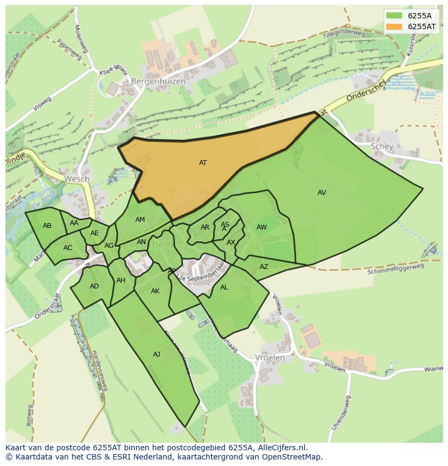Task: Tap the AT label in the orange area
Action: coord(203,163)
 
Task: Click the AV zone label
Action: coord(322,193)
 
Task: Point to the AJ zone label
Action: coord(156,355)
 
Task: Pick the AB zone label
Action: coord(47,226)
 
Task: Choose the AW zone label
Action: coord(261,227)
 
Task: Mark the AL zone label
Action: coord(224,287)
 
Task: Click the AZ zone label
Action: coord(264,267)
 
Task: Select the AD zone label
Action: coord(94,286)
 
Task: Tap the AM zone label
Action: coord(140,220)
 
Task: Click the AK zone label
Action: coord(155,291)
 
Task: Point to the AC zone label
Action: coord(68,248)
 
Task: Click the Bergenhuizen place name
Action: coord(158,82)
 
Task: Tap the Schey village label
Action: coord(382,147)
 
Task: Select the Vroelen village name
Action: coord(269,358)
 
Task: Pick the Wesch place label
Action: coord(76,179)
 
